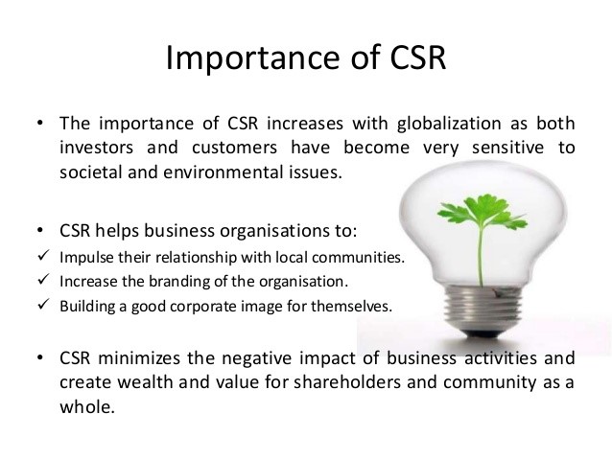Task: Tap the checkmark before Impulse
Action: point(40,258)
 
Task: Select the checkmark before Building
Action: point(40,306)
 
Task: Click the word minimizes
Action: point(145,358)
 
